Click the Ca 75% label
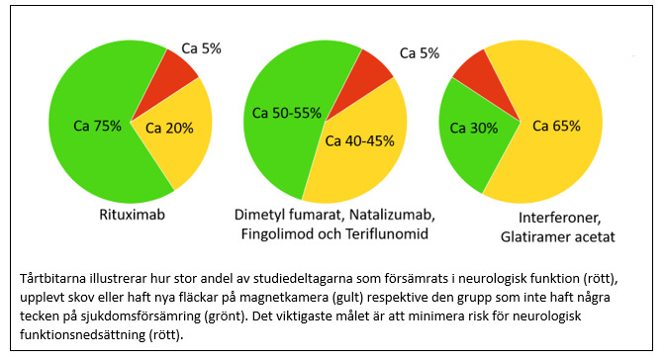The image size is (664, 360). click(x=98, y=126)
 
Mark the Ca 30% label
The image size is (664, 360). click(x=474, y=128)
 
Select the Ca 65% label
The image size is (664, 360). click(x=556, y=126)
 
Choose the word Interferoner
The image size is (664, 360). click(x=559, y=217)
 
